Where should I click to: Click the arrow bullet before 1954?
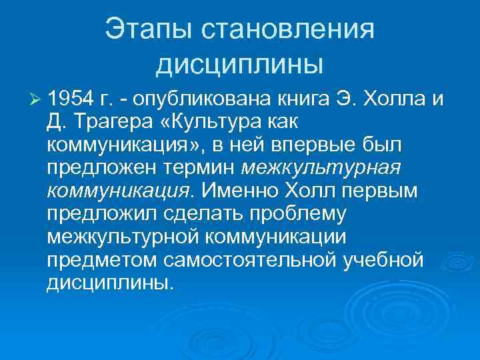click(x=35, y=100)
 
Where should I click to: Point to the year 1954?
click(x=73, y=100)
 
